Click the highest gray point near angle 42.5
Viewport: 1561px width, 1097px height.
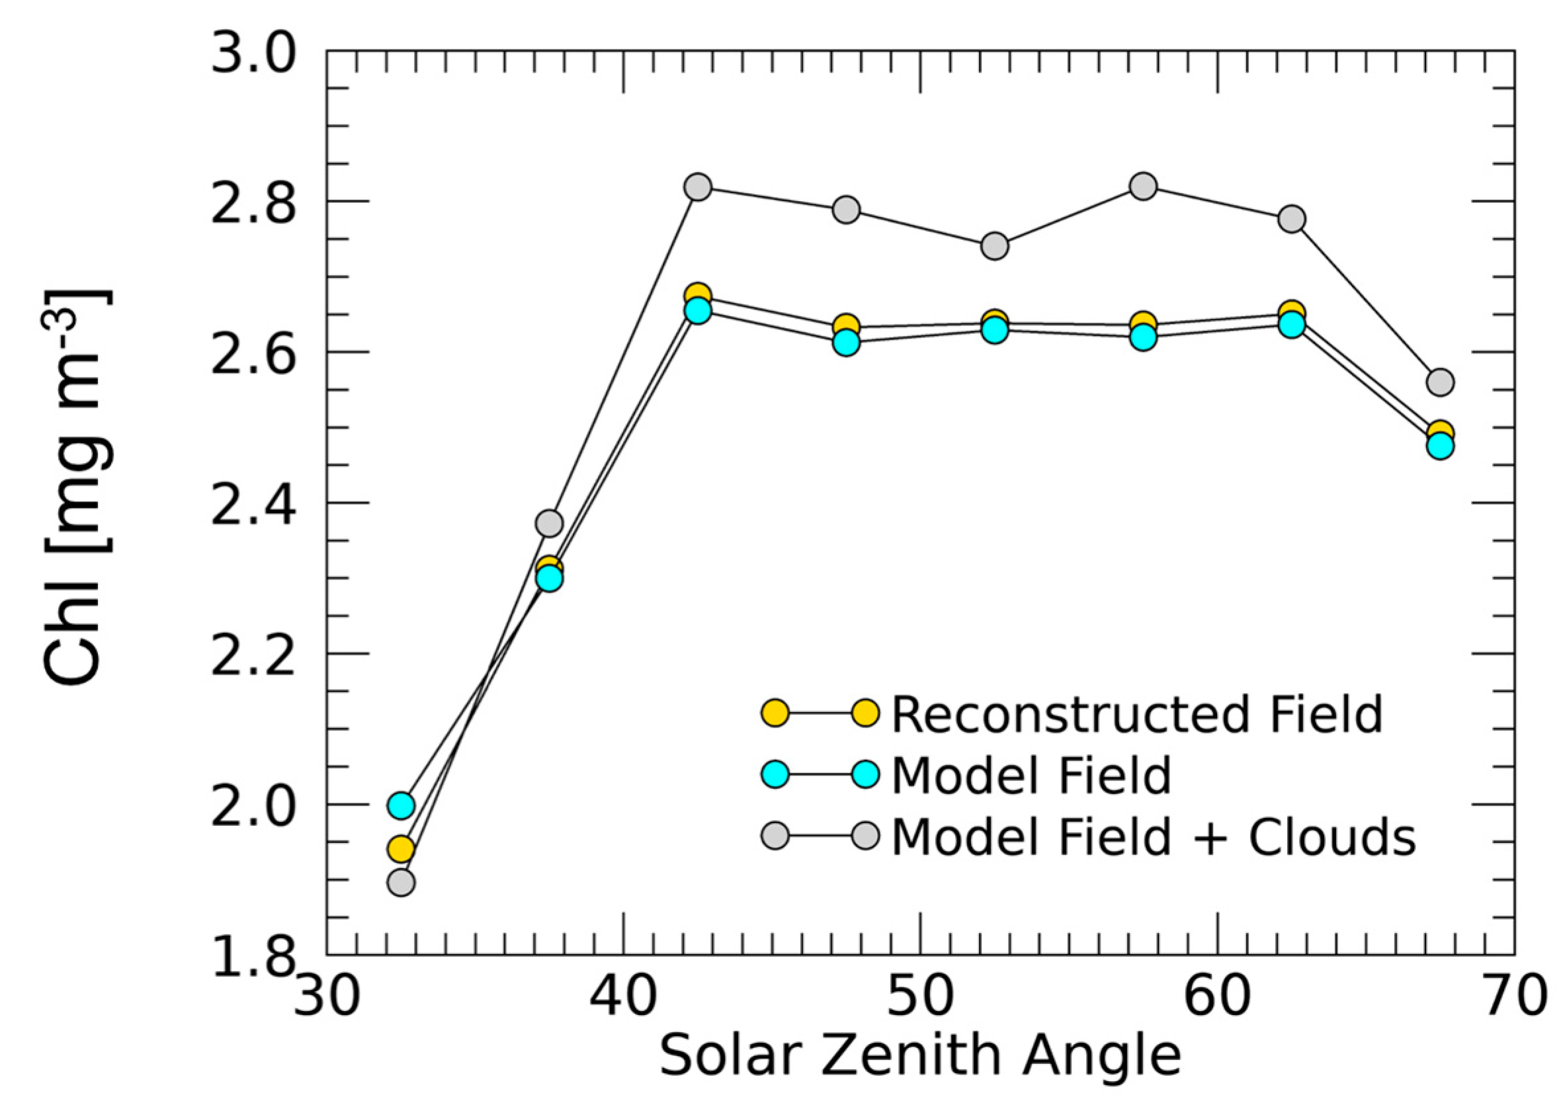pos(698,186)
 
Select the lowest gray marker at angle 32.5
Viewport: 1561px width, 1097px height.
pos(401,883)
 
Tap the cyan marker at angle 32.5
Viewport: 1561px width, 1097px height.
pos(401,805)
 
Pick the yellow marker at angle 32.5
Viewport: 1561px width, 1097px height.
pos(401,848)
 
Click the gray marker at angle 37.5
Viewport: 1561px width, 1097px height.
pos(550,523)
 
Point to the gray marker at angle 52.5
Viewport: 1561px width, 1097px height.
pos(995,245)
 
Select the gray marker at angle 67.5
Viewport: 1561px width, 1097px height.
pos(1441,382)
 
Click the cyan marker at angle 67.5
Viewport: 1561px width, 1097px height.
pos(1441,446)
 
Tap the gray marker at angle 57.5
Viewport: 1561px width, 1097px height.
pos(1144,186)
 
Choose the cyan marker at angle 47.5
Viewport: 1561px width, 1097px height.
pos(847,343)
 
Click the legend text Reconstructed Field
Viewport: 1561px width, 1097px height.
pos(1137,713)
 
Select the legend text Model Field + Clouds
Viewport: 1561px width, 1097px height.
pos(1154,836)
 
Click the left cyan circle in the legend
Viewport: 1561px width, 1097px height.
pos(775,775)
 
